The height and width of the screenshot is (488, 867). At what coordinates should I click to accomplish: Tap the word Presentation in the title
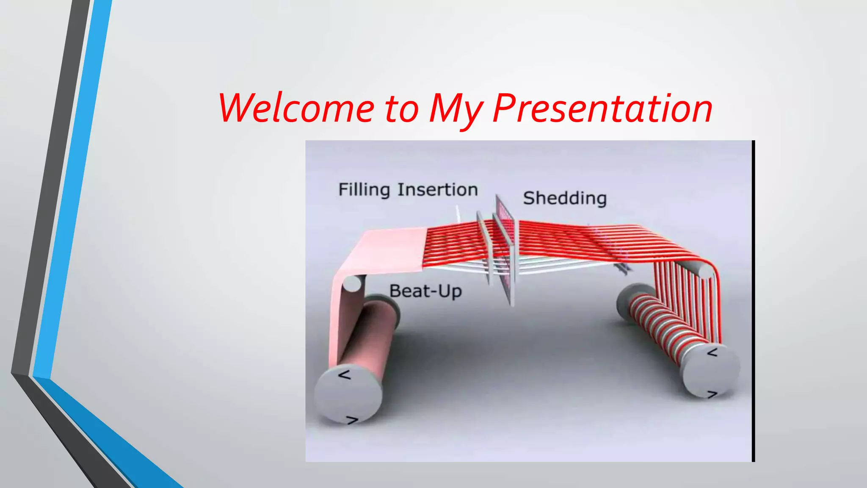point(603,109)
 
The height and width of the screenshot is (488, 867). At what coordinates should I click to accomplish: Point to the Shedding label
point(565,198)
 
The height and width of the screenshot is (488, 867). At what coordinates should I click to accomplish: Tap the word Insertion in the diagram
point(437,189)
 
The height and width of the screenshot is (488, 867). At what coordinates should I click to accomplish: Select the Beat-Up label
point(425,291)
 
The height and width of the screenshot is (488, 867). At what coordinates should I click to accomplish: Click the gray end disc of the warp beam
point(711,371)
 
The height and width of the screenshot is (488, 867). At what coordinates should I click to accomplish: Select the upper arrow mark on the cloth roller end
point(345,375)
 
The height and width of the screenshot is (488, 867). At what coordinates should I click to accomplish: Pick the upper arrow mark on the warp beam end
point(712,352)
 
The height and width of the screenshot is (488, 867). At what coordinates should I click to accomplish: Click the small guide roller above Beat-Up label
point(352,283)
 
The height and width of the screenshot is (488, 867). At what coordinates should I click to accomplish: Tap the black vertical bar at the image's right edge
point(753,301)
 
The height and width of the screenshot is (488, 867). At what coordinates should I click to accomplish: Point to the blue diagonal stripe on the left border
point(72,191)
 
